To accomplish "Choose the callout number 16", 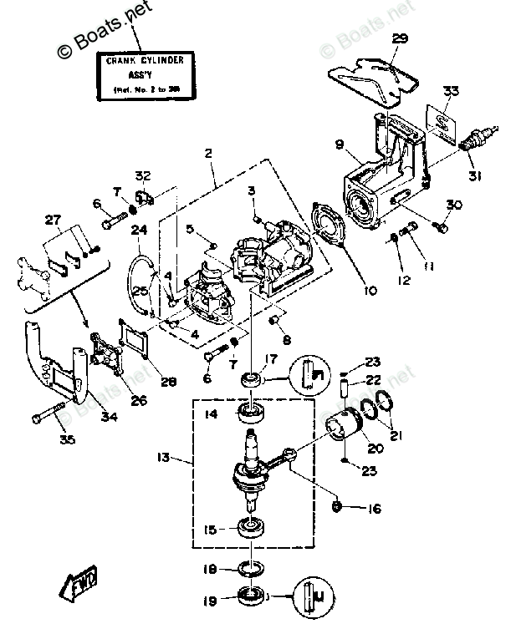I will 375,507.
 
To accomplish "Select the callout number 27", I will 53,221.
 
